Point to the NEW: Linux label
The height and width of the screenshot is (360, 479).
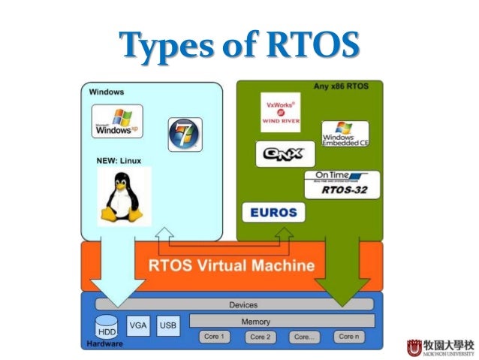(119, 160)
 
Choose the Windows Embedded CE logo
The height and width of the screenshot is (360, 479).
(345, 134)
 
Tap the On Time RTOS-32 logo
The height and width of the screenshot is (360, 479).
(342, 184)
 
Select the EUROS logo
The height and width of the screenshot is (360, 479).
(274, 212)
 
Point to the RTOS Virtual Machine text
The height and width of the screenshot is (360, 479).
(231, 266)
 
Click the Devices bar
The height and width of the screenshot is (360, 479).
(242, 304)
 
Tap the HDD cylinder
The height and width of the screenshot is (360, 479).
(107, 328)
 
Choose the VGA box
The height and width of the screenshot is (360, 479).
(138, 325)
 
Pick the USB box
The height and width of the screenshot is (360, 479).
(168, 325)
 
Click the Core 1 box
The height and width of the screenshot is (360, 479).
(213, 337)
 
